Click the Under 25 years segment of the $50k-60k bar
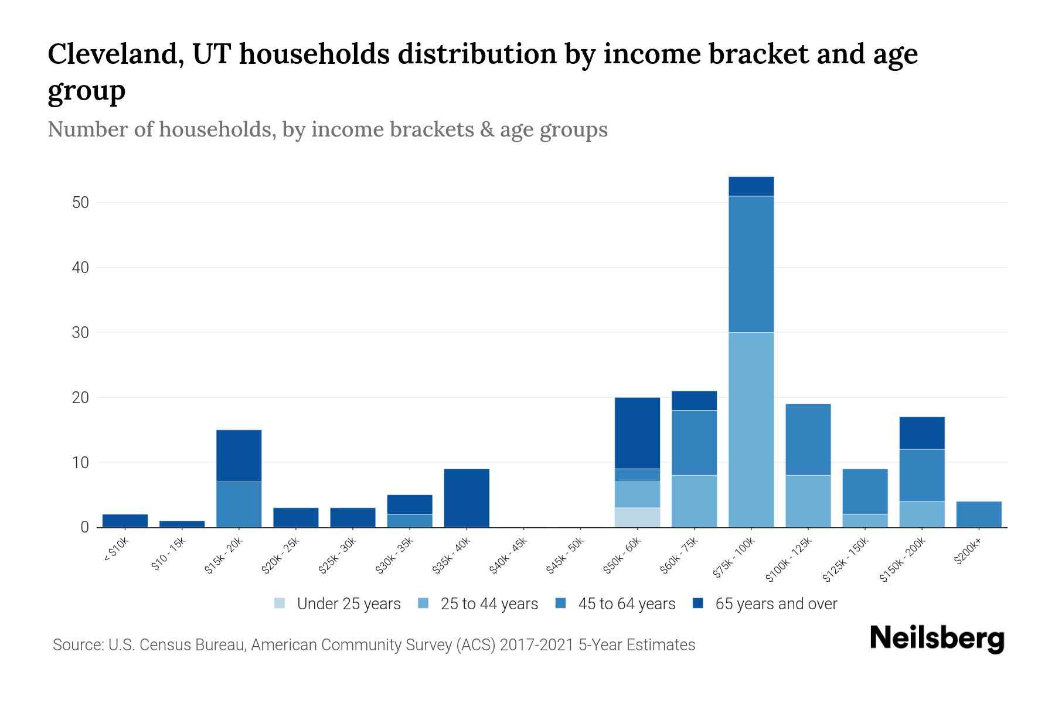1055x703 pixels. click(x=637, y=517)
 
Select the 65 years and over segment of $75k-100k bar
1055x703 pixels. click(x=751, y=186)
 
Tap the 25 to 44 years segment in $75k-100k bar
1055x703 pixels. click(x=751, y=429)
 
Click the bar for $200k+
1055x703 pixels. click(x=979, y=514)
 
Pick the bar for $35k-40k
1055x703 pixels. click(x=467, y=498)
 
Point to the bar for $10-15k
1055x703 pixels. click(x=182, y=524)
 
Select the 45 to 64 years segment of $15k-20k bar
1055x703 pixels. click(x=239, y=504)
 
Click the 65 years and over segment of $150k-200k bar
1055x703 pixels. click(x=922, y=433)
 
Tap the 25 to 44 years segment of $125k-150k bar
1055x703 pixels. click(x=865, y=520)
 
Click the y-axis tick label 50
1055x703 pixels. click(x=80, y=203)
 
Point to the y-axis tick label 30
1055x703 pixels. click(x=80, y=333)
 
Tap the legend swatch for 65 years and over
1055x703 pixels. click(x=698, y=603)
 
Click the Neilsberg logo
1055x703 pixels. click(x=937, y=639)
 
